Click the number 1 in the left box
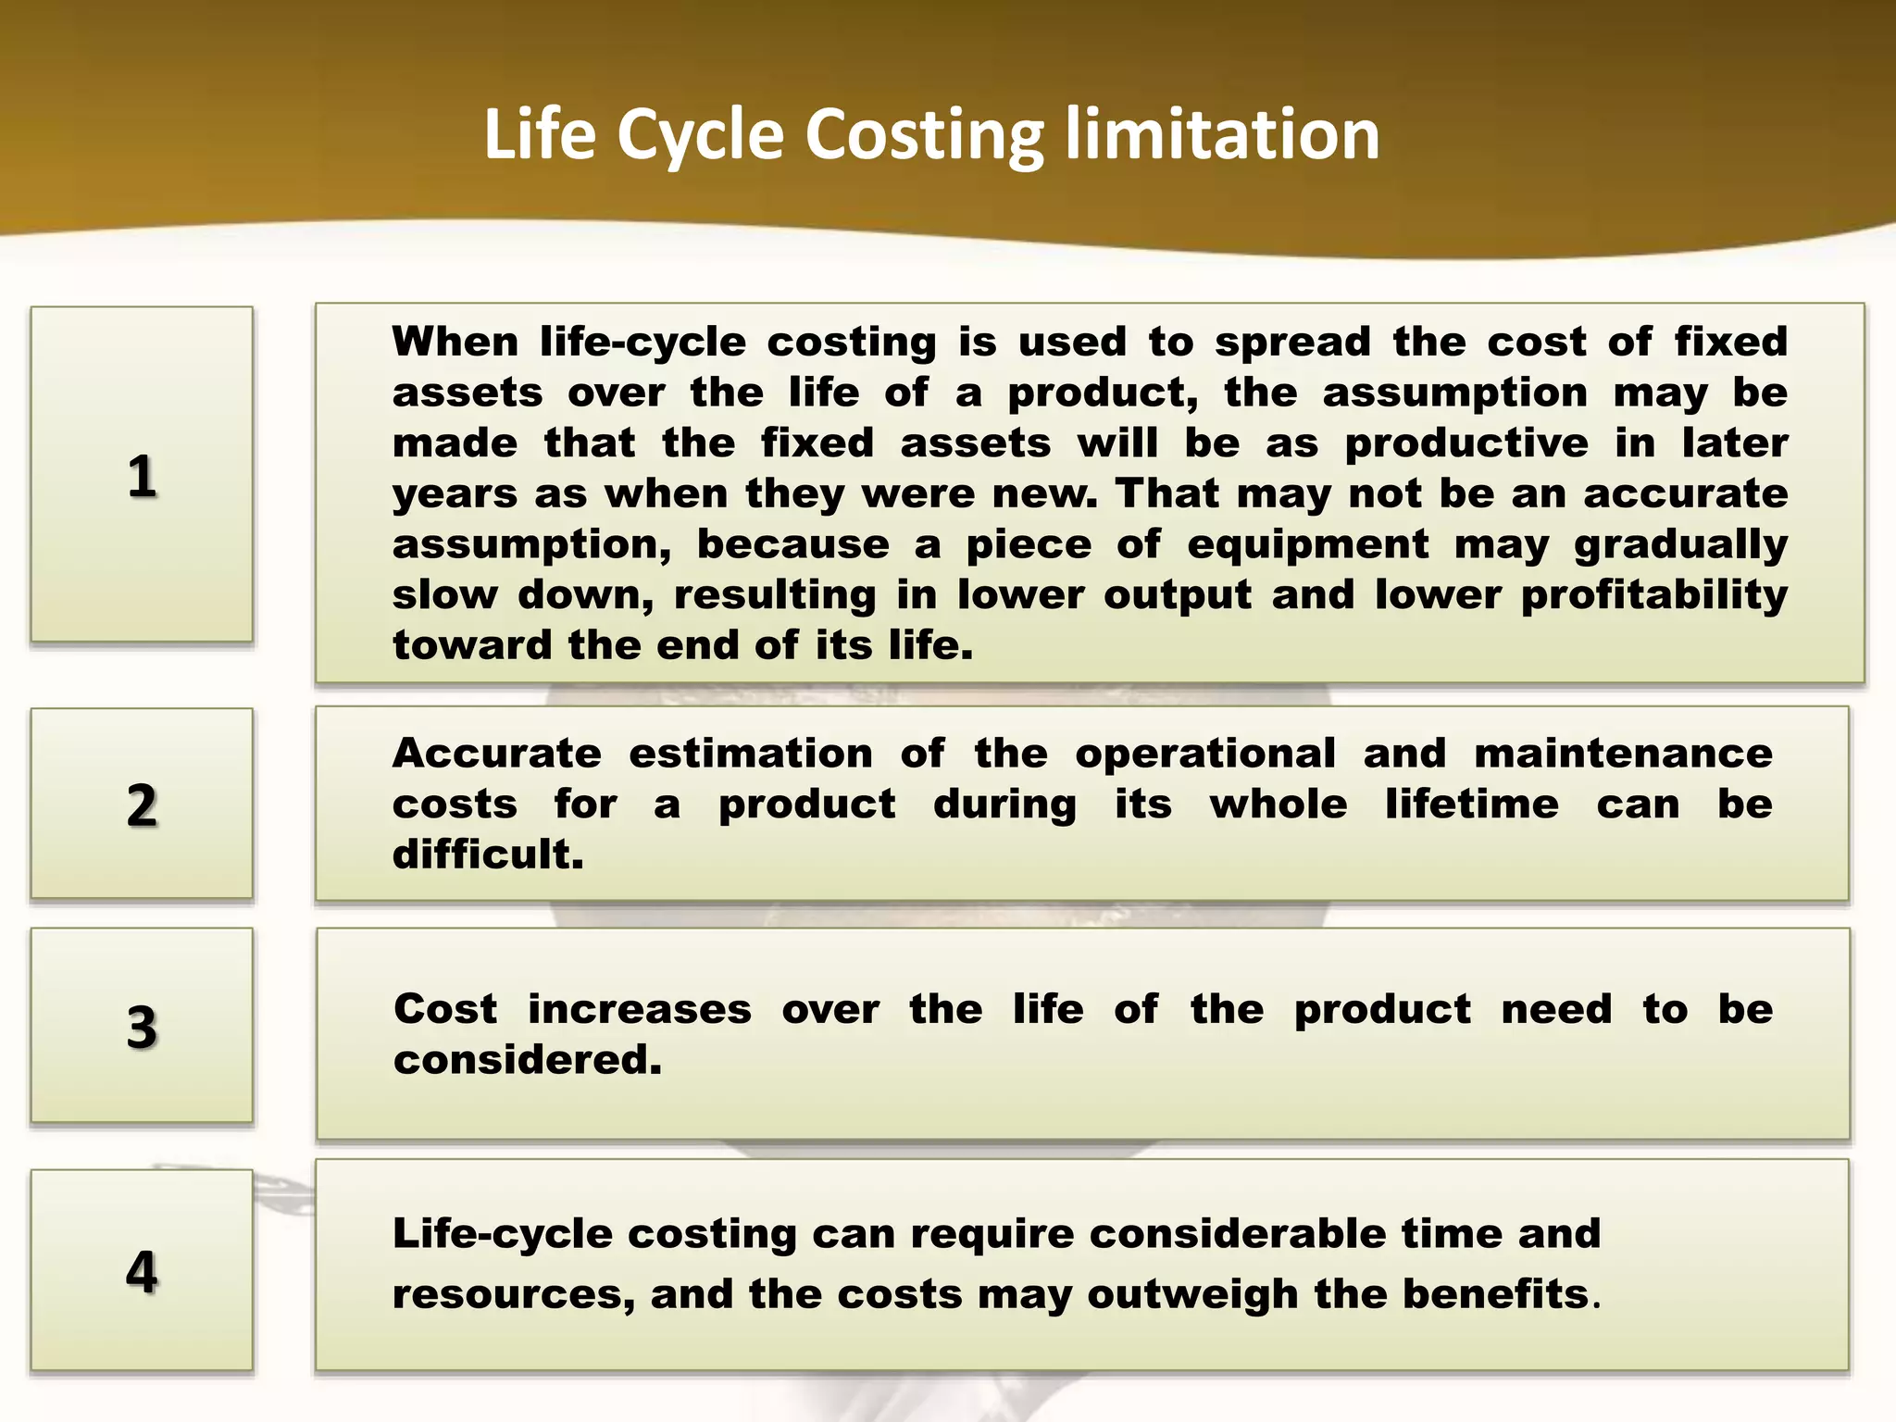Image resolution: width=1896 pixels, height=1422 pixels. pos(142,477)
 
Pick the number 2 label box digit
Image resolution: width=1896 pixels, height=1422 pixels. pos(142,805)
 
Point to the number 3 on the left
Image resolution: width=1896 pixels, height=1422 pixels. pos(142,1028)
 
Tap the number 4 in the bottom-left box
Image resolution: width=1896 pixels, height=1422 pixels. pos(142,1271)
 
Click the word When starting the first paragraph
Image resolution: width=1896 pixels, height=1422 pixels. pos(455,342)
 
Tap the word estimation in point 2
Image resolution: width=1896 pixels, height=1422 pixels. pos(751,754)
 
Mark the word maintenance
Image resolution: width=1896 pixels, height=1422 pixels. pos(1623,754)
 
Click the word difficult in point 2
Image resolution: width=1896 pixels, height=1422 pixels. pos(487,854)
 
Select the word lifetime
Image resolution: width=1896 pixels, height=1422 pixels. pos(1471,804)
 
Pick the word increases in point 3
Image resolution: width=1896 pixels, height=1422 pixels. pos(640,1009)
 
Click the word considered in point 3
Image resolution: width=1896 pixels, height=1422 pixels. pos(527,1060)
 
